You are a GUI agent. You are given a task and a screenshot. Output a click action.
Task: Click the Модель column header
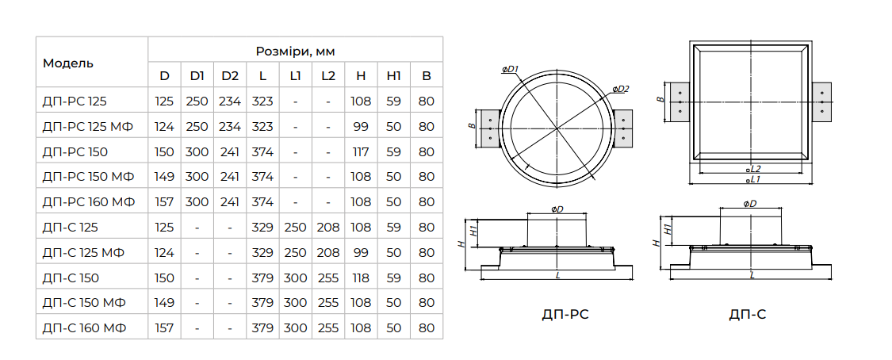(68, 63)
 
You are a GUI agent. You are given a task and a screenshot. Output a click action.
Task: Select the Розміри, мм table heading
(295, 52)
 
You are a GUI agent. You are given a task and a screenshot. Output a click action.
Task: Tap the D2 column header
(230, 76)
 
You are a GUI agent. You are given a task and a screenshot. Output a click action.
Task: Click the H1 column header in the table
(393, 76)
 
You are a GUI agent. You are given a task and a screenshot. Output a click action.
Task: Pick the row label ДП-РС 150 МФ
(88, 177)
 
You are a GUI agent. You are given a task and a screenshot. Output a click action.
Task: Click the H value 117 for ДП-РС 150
(361, 151)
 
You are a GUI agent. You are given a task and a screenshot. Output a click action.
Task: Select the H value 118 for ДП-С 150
(361, 278)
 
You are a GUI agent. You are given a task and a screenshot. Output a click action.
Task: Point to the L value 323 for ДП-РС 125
(262, 101)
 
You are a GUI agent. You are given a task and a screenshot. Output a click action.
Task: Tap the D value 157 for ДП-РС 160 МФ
(164, 202)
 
